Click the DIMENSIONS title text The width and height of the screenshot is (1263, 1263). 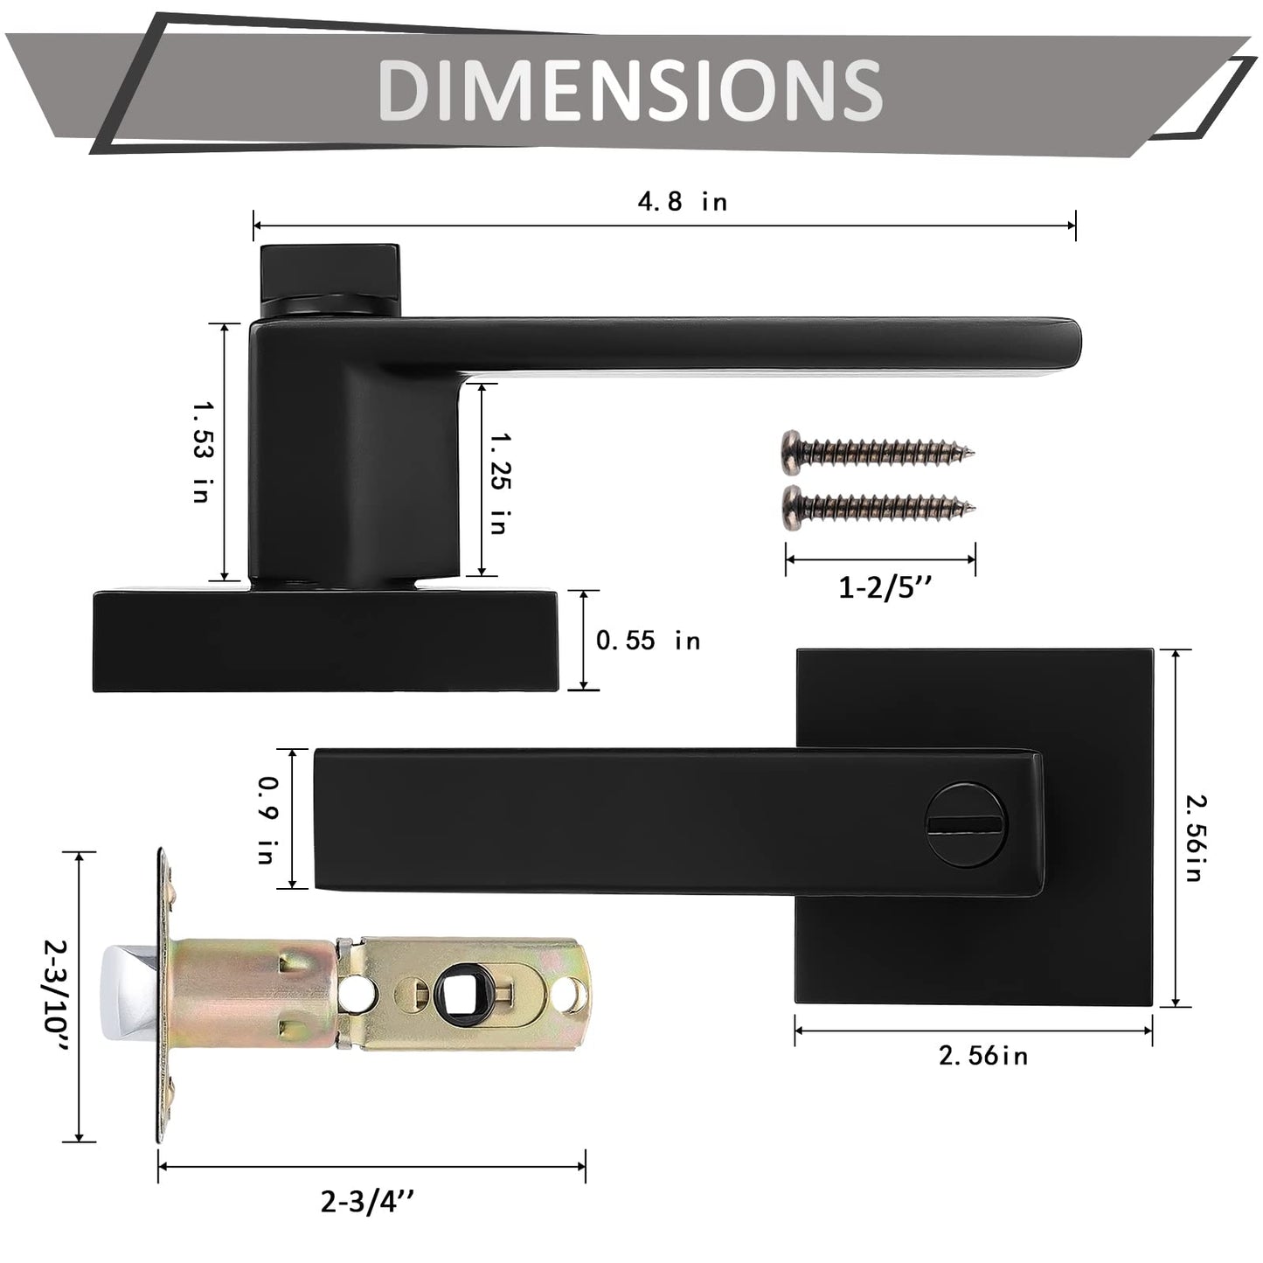click(x=630, y=91)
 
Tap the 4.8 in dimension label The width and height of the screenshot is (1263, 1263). click(x=682, y=202)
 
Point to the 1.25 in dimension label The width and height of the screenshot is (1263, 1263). click(x=499, y=482)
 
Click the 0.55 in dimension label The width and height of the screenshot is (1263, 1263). click(x=648, y=641)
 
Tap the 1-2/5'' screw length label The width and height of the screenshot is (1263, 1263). click(x=885, y=588)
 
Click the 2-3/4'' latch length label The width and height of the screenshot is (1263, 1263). click(x=367, y=1204)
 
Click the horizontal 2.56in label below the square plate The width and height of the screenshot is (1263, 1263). click(x=982, y=1056)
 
